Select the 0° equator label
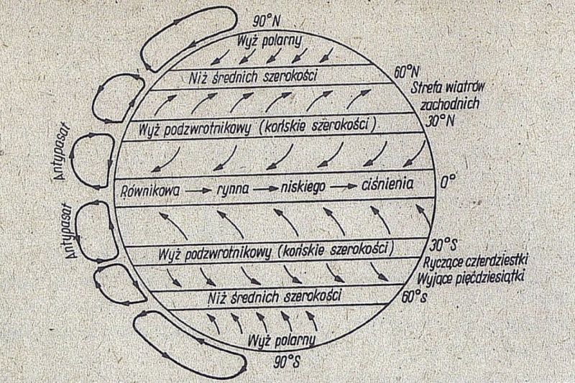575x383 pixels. pyautogui.click(x=448, y=183)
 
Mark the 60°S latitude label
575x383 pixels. pyautogui.click(x=413, y=295)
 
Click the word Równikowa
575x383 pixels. pyautogui.click(x=149, y=190)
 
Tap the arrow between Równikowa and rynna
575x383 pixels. pyautogui.click(x=195, y=190)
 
